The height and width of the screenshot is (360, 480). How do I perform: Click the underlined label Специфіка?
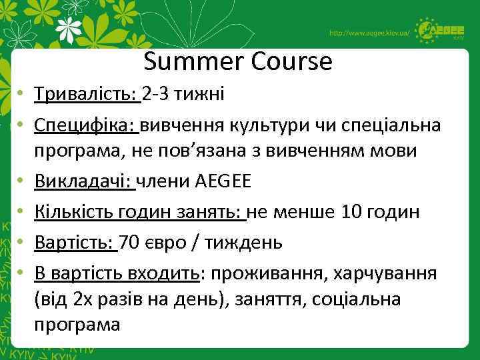click(85, 125)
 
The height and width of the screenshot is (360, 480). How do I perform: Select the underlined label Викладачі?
click(85, 181)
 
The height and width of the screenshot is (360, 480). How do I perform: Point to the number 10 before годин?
click(352, 212)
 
